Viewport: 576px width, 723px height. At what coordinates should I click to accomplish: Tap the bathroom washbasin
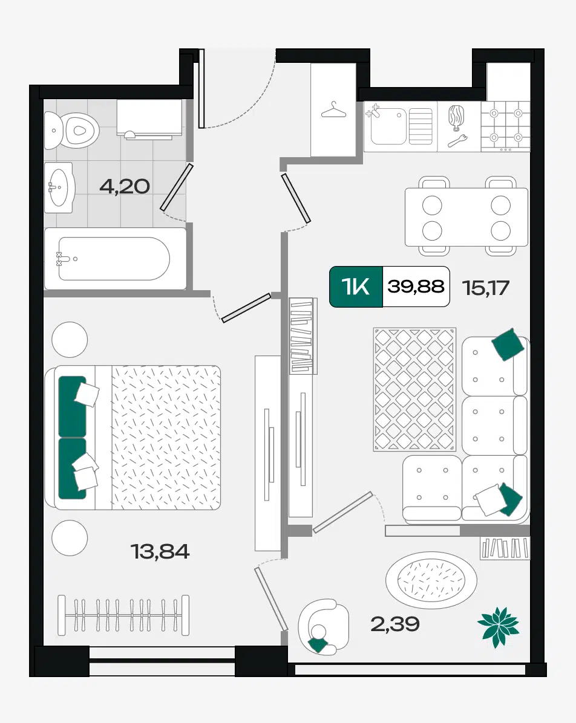59,187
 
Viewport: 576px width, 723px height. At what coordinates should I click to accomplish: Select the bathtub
116,259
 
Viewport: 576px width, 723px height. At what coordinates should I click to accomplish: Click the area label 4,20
125,186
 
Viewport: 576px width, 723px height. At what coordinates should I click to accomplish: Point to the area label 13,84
160,551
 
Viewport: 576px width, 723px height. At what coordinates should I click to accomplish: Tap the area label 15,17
485,288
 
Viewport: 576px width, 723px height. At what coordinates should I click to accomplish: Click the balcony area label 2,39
395,624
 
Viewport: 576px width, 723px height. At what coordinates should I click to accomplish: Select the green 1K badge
356,287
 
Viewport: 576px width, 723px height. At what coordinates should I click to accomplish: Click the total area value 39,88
416,287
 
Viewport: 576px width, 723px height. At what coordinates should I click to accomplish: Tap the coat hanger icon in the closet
334,111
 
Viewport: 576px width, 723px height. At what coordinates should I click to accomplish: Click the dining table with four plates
466,216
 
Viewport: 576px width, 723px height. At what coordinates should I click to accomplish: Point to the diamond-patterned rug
414,389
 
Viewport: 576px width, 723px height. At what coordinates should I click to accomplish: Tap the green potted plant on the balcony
499,627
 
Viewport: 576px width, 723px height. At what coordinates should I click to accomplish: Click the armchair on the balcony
323,627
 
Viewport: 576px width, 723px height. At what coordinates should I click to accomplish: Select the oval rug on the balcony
431,580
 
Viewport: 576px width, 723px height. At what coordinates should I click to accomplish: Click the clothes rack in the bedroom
123,615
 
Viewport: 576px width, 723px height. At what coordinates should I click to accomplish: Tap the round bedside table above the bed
70,340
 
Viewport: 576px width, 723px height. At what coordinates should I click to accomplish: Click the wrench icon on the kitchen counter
457,141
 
